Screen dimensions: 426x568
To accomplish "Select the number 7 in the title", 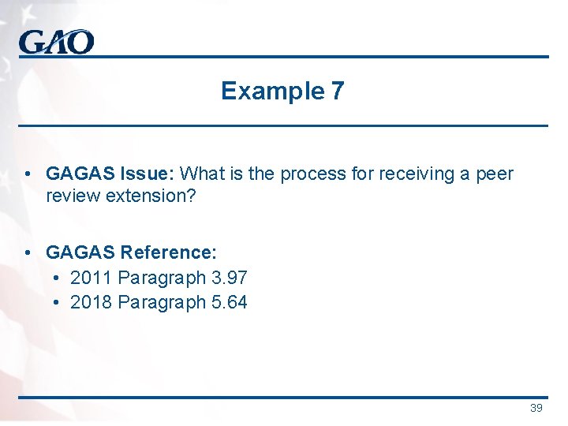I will click(338, 92).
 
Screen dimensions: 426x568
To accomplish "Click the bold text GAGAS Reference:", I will click(131, 252).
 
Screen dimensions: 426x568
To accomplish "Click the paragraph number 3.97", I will click(229, 278).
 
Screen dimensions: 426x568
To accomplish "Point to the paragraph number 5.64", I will click(229, 302).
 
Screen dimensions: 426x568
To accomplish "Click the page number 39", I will click(536, 408).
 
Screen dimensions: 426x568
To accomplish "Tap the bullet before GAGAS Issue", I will click(28, 174).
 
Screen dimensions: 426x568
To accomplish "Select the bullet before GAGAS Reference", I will click(28, 252).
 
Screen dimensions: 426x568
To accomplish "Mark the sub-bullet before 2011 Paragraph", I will click(57, 278).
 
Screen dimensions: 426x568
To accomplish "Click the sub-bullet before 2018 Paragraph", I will click(57, 302).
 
